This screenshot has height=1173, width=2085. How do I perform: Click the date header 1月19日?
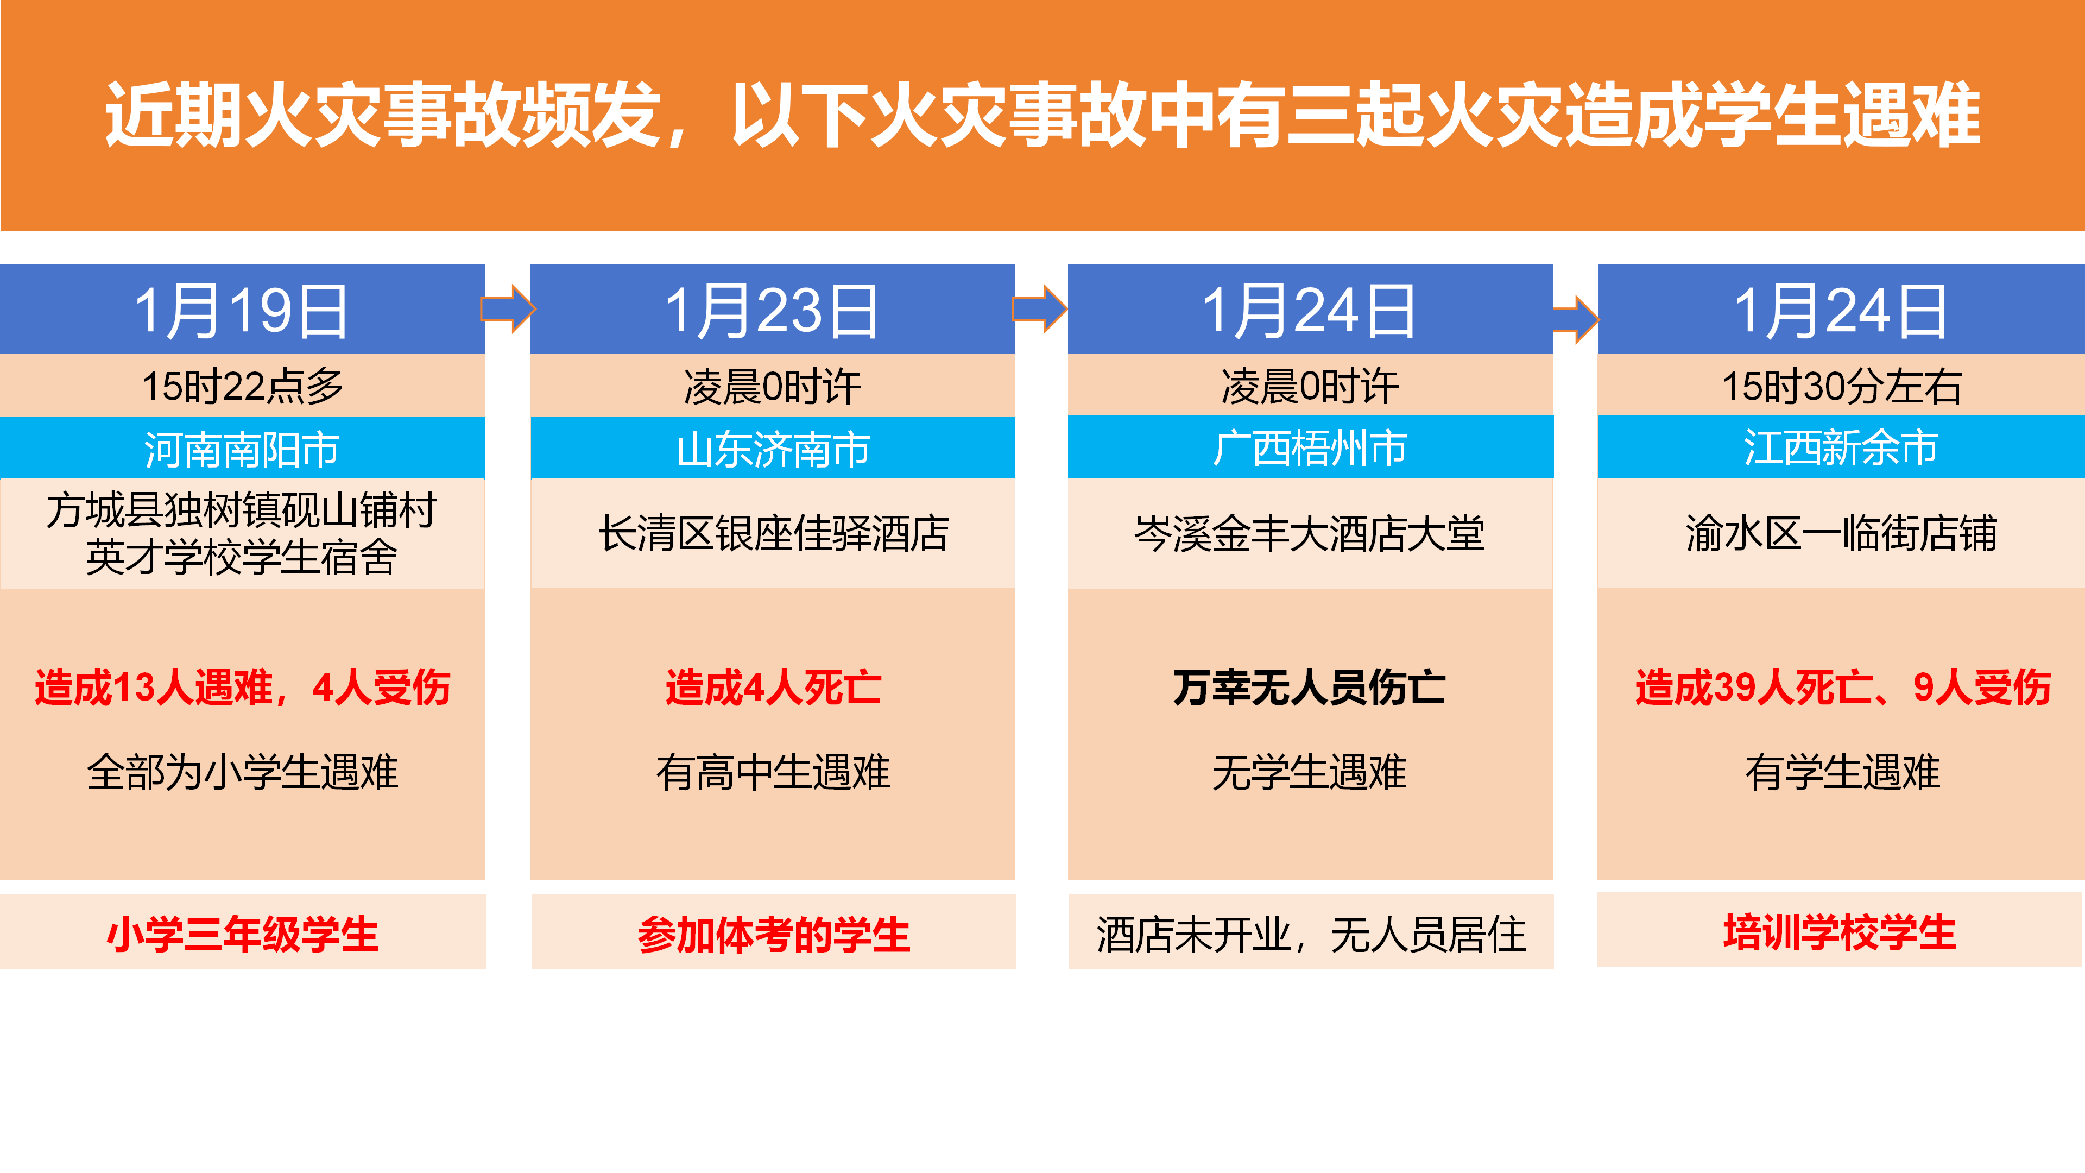[x=241, y=312]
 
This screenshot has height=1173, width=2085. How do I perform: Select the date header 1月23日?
[x=772, y=312]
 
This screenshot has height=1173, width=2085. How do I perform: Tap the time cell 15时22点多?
[x=242, y=386]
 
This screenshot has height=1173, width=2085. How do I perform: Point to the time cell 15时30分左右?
[x=1841, y=386]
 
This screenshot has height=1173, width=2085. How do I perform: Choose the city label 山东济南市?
[x=773, y=449]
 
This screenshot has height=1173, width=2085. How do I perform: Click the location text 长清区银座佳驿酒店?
[x=773, y=533]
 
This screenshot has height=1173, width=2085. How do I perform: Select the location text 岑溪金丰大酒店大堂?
[x=1310, y=533]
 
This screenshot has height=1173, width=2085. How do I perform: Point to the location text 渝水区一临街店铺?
[x=1841, y=533]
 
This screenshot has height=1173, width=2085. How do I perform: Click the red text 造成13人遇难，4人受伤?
[x=242, y=688]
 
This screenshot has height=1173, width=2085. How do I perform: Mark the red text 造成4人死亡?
[x=773, y=688]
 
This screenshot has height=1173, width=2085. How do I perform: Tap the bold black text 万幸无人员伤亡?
[x=1310, y=688]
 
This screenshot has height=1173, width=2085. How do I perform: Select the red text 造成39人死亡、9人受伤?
[x=1843, y=688]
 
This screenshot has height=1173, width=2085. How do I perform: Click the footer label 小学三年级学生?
[x=242, y=934]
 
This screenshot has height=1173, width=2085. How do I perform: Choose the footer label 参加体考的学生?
[x=774, y=934]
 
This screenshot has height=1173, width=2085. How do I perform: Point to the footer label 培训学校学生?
[x=1840, y=932]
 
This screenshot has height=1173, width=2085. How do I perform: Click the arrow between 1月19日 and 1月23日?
[x=508, y=308]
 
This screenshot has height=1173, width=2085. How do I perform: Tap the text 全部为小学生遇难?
[x=242, y=772]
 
